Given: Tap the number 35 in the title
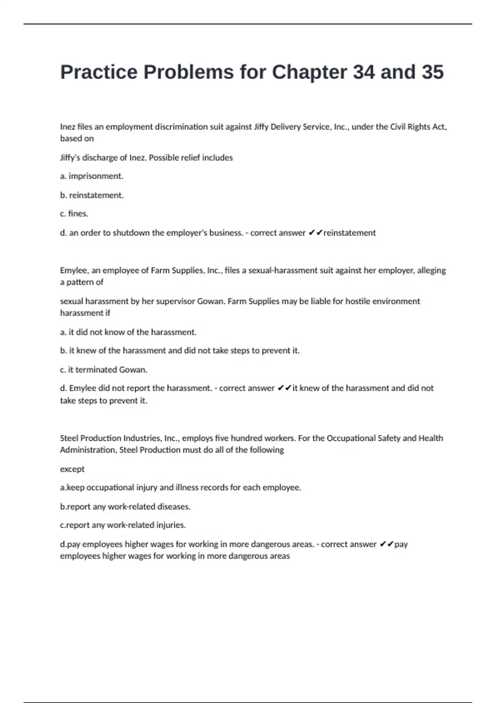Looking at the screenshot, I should tap(432, 72).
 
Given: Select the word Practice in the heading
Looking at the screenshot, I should tap(99, 72).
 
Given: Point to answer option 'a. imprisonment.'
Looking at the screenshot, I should tap(92, 176).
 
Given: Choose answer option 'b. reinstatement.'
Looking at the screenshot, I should tap(92, 195).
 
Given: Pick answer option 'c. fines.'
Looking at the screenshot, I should tap(74, 214).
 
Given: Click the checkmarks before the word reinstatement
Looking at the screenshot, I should tap(315, 233).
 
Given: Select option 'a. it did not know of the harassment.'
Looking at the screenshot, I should tap(128, 332).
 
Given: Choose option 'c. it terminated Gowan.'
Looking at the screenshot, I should tap(103, 370).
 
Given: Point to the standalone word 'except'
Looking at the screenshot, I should tap(72, 469).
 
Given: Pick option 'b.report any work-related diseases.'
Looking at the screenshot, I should tap(125, 507).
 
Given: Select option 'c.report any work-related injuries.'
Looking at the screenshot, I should tap(123, 525).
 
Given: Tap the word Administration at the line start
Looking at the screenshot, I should tap(88, 450).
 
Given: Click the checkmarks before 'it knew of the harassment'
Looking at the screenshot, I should tap(284, 388).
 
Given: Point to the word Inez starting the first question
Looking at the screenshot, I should tap(68, 127).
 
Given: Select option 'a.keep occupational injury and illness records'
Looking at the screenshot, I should tap(180, 488).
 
